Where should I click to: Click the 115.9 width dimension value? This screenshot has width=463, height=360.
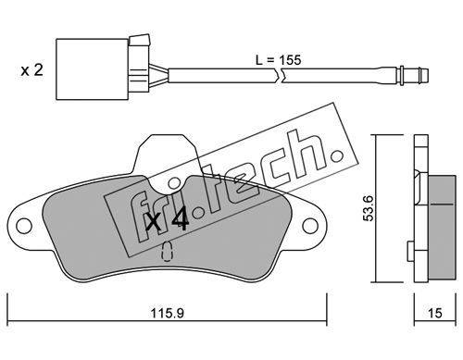167,314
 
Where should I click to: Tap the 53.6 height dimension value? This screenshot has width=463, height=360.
369,208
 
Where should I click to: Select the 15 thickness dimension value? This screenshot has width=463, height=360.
435,314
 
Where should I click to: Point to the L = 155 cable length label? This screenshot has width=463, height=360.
278,60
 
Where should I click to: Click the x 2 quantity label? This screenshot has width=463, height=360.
31,70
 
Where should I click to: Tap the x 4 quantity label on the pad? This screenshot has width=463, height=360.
167,218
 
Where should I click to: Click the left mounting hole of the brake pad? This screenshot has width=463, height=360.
24,226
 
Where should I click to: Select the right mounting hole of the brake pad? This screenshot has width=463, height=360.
310,226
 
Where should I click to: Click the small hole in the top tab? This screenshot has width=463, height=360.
174,184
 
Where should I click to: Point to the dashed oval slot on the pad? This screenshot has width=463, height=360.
167,251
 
